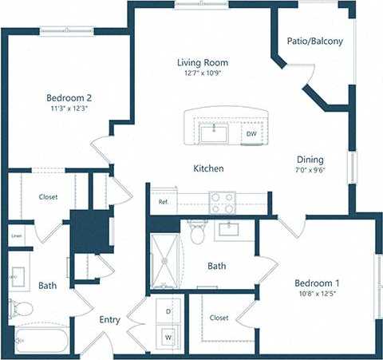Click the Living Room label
203,62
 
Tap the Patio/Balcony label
315,41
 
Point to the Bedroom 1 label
317,284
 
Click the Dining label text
310,159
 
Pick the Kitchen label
208,169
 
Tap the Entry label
109,320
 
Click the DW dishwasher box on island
251,133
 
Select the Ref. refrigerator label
164,202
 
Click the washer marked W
168,337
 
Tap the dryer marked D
168,311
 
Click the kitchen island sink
215,133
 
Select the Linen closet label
16,236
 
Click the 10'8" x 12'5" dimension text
317,296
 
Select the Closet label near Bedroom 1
219,318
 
